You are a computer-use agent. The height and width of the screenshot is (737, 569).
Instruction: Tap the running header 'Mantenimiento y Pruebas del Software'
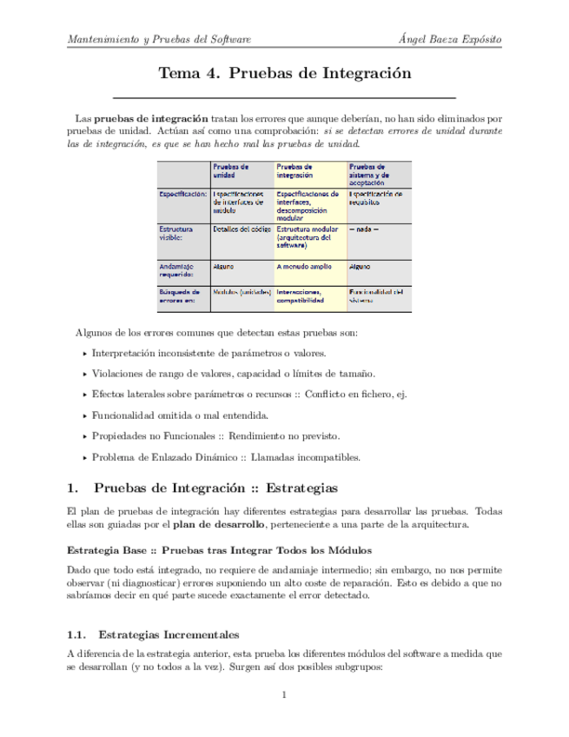159,40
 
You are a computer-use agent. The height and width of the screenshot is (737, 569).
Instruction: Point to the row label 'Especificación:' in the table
182,195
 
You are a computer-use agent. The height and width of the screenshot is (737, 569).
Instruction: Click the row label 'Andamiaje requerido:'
178,271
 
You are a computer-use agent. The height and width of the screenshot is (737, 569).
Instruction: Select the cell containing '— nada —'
363,229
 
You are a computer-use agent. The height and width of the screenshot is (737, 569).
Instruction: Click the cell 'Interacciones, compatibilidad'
301,296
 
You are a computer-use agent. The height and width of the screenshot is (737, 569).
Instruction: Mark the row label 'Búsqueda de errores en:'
179,296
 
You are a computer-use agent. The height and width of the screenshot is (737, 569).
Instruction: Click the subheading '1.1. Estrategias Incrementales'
153,634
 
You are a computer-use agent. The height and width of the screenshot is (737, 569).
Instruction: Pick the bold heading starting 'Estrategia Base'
219,551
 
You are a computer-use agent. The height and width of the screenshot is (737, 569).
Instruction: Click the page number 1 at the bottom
284,694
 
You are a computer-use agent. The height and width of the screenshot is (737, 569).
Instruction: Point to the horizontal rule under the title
284,96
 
